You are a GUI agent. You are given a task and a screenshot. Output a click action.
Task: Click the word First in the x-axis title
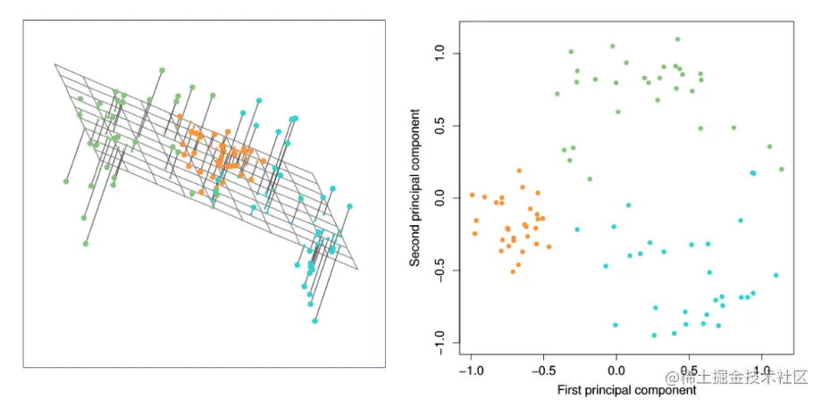[x=572, y=389]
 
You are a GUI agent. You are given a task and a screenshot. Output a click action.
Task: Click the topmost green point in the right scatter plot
[x=677, y=39]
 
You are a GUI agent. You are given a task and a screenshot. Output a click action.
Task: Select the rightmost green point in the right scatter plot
[x=781, y=169]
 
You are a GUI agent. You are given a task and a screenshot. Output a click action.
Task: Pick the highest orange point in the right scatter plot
[x=518, y=170]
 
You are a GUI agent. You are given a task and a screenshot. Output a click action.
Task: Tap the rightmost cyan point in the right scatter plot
[x=776, y=275]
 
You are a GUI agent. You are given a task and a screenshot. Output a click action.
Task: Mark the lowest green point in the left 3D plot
[x=86, y=243]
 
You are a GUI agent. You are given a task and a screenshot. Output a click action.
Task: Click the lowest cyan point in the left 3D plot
[x=315, y=321]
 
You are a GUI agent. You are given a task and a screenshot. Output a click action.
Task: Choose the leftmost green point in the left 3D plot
[x=66, y=181]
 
